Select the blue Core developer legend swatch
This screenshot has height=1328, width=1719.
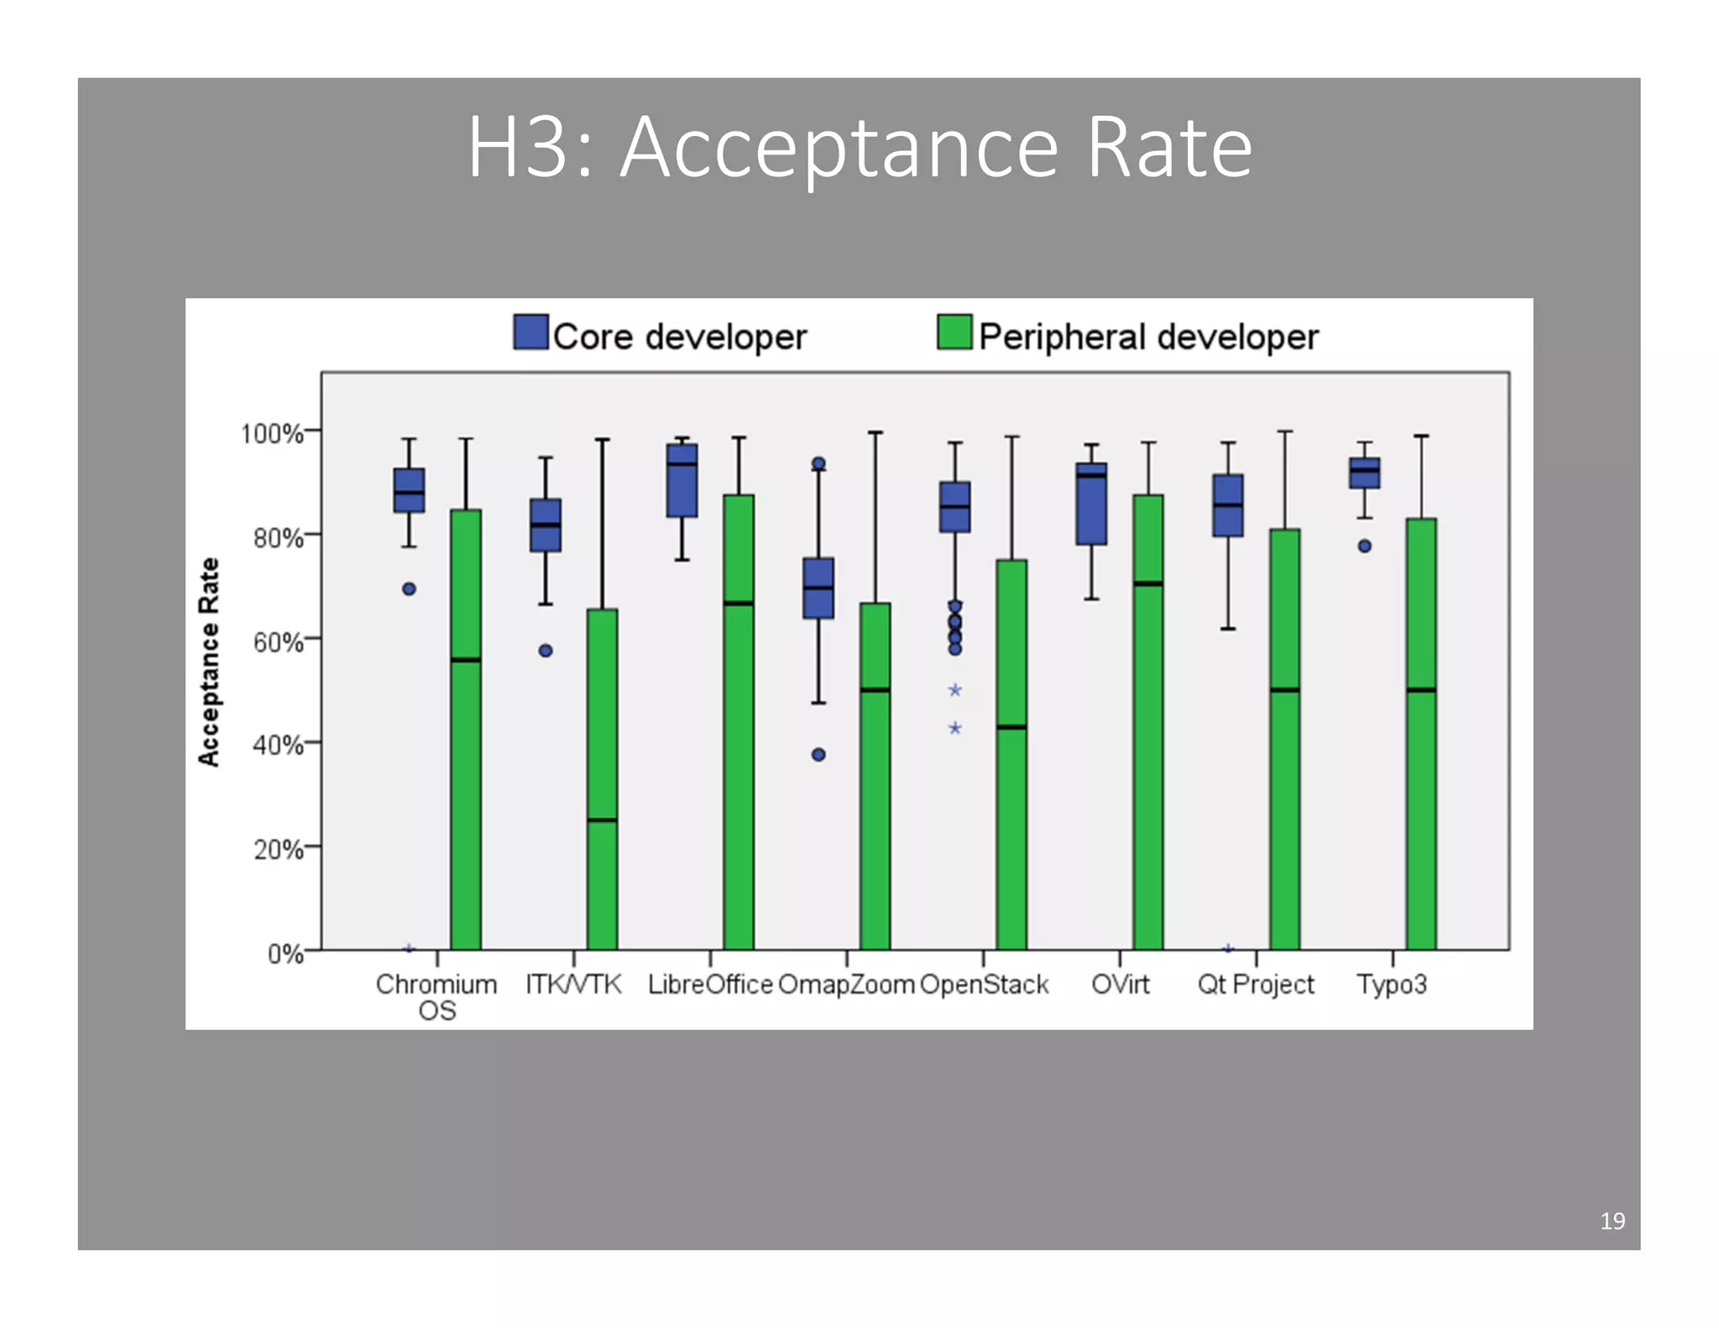point(530,332)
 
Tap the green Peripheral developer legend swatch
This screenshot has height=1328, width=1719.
point(954,332)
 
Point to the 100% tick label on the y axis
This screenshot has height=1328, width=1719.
point(271,434)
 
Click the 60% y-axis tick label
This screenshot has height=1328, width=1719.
point(278,642)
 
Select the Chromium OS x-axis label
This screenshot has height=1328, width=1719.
point(436,996)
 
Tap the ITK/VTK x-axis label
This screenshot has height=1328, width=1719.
point(573,984)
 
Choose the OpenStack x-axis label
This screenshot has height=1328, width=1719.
point(984,984)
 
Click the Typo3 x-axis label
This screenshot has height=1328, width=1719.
point(1392,984)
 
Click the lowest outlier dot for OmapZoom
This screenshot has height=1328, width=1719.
point(818,755)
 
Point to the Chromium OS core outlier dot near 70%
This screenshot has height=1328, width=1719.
point(409,589)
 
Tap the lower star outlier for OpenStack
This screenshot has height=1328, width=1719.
point(955,728)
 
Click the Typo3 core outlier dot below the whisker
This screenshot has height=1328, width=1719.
point(1365,546)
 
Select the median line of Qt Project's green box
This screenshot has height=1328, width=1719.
point(1284,690)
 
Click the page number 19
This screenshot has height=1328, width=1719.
point(1612,1221)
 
